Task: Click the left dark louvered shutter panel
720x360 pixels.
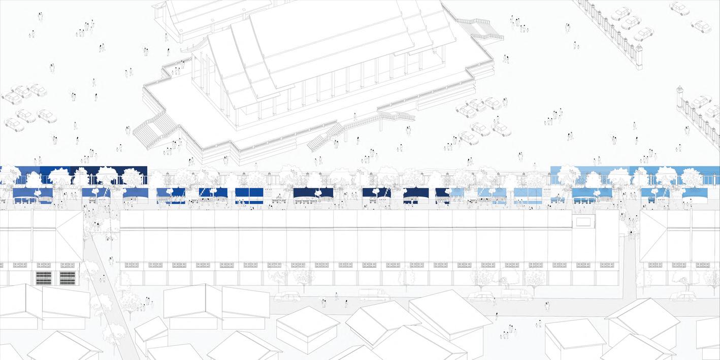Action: [x=44, y=278]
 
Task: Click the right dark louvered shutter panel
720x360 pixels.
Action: [x=68, y=278]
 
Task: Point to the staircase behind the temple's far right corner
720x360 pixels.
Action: [x=482, y=28]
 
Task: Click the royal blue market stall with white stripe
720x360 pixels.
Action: [x=249, y=196]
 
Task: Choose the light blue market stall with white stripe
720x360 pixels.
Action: [x=528, y=196]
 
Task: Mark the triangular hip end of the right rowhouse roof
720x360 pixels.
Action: [x=652, y=236]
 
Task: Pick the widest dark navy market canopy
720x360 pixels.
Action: [x=313, y=193]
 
